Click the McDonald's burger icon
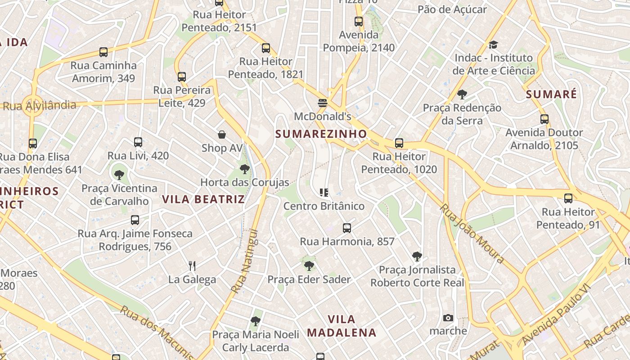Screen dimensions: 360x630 [322, 103]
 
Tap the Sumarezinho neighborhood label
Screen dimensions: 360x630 [321, 134]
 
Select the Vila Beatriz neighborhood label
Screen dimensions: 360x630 [203, 199]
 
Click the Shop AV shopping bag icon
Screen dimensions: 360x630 [222, 135]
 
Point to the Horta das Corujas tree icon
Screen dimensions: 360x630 [245, 169]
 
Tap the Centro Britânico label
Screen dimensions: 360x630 [324, 206]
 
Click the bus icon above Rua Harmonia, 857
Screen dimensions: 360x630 [346, 228]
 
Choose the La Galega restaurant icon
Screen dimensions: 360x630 [192, 266]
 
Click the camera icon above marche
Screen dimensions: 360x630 [448, 318]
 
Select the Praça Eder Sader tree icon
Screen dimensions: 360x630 [309, 266]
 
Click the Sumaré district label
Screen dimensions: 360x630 [551, 94]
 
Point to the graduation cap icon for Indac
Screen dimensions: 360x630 [494, 45]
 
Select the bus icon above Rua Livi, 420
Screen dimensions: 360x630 [138, 143]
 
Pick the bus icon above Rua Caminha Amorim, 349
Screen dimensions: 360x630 [103, 52]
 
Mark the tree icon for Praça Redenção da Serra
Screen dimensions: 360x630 [462, 94]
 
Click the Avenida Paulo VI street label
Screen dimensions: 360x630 [556, 315]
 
